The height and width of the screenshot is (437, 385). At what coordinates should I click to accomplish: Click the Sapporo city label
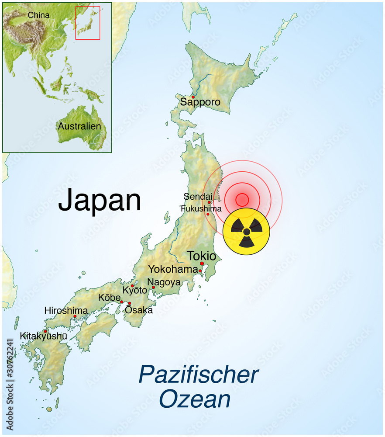click(x=200, y=103)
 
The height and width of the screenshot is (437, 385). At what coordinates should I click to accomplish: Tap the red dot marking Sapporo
click(x=193, y=97)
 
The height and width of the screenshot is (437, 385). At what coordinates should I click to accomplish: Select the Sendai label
click(x=198, y=197)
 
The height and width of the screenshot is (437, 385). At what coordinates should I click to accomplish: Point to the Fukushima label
click(x=201, y=208)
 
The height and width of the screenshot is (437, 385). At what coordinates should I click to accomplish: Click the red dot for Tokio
click(x=202, y=264)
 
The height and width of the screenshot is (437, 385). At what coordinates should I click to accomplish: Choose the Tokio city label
click(x=201, y=256)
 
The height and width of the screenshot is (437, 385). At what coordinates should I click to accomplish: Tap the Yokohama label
click(x=173, y=269)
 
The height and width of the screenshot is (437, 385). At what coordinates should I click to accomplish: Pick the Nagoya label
click(x=164, y=282)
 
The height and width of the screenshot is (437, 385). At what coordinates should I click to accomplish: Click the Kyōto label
click(x=135, y=290)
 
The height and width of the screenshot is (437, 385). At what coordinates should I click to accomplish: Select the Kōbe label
click(x=109, y=298)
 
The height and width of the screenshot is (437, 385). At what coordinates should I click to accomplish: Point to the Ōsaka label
click(x=139, y=310)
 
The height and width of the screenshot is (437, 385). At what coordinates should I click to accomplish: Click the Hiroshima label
click(x=66, y=310)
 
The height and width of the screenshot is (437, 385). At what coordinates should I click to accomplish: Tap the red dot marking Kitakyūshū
click(x=45, y=331)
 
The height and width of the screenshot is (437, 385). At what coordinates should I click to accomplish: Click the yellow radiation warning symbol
click(x=246, y=231)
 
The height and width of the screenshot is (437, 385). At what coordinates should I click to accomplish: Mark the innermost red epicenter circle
click(x=242, y=200)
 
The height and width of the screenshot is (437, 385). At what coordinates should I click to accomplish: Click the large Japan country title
click(x=100, y=201)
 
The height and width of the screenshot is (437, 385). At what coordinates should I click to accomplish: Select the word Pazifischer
click(x=199, y=375)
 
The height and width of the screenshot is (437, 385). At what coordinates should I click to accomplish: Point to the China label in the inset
click(x=39, y=15)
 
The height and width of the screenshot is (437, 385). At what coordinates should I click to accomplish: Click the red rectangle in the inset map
click(x=88, y=23)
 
